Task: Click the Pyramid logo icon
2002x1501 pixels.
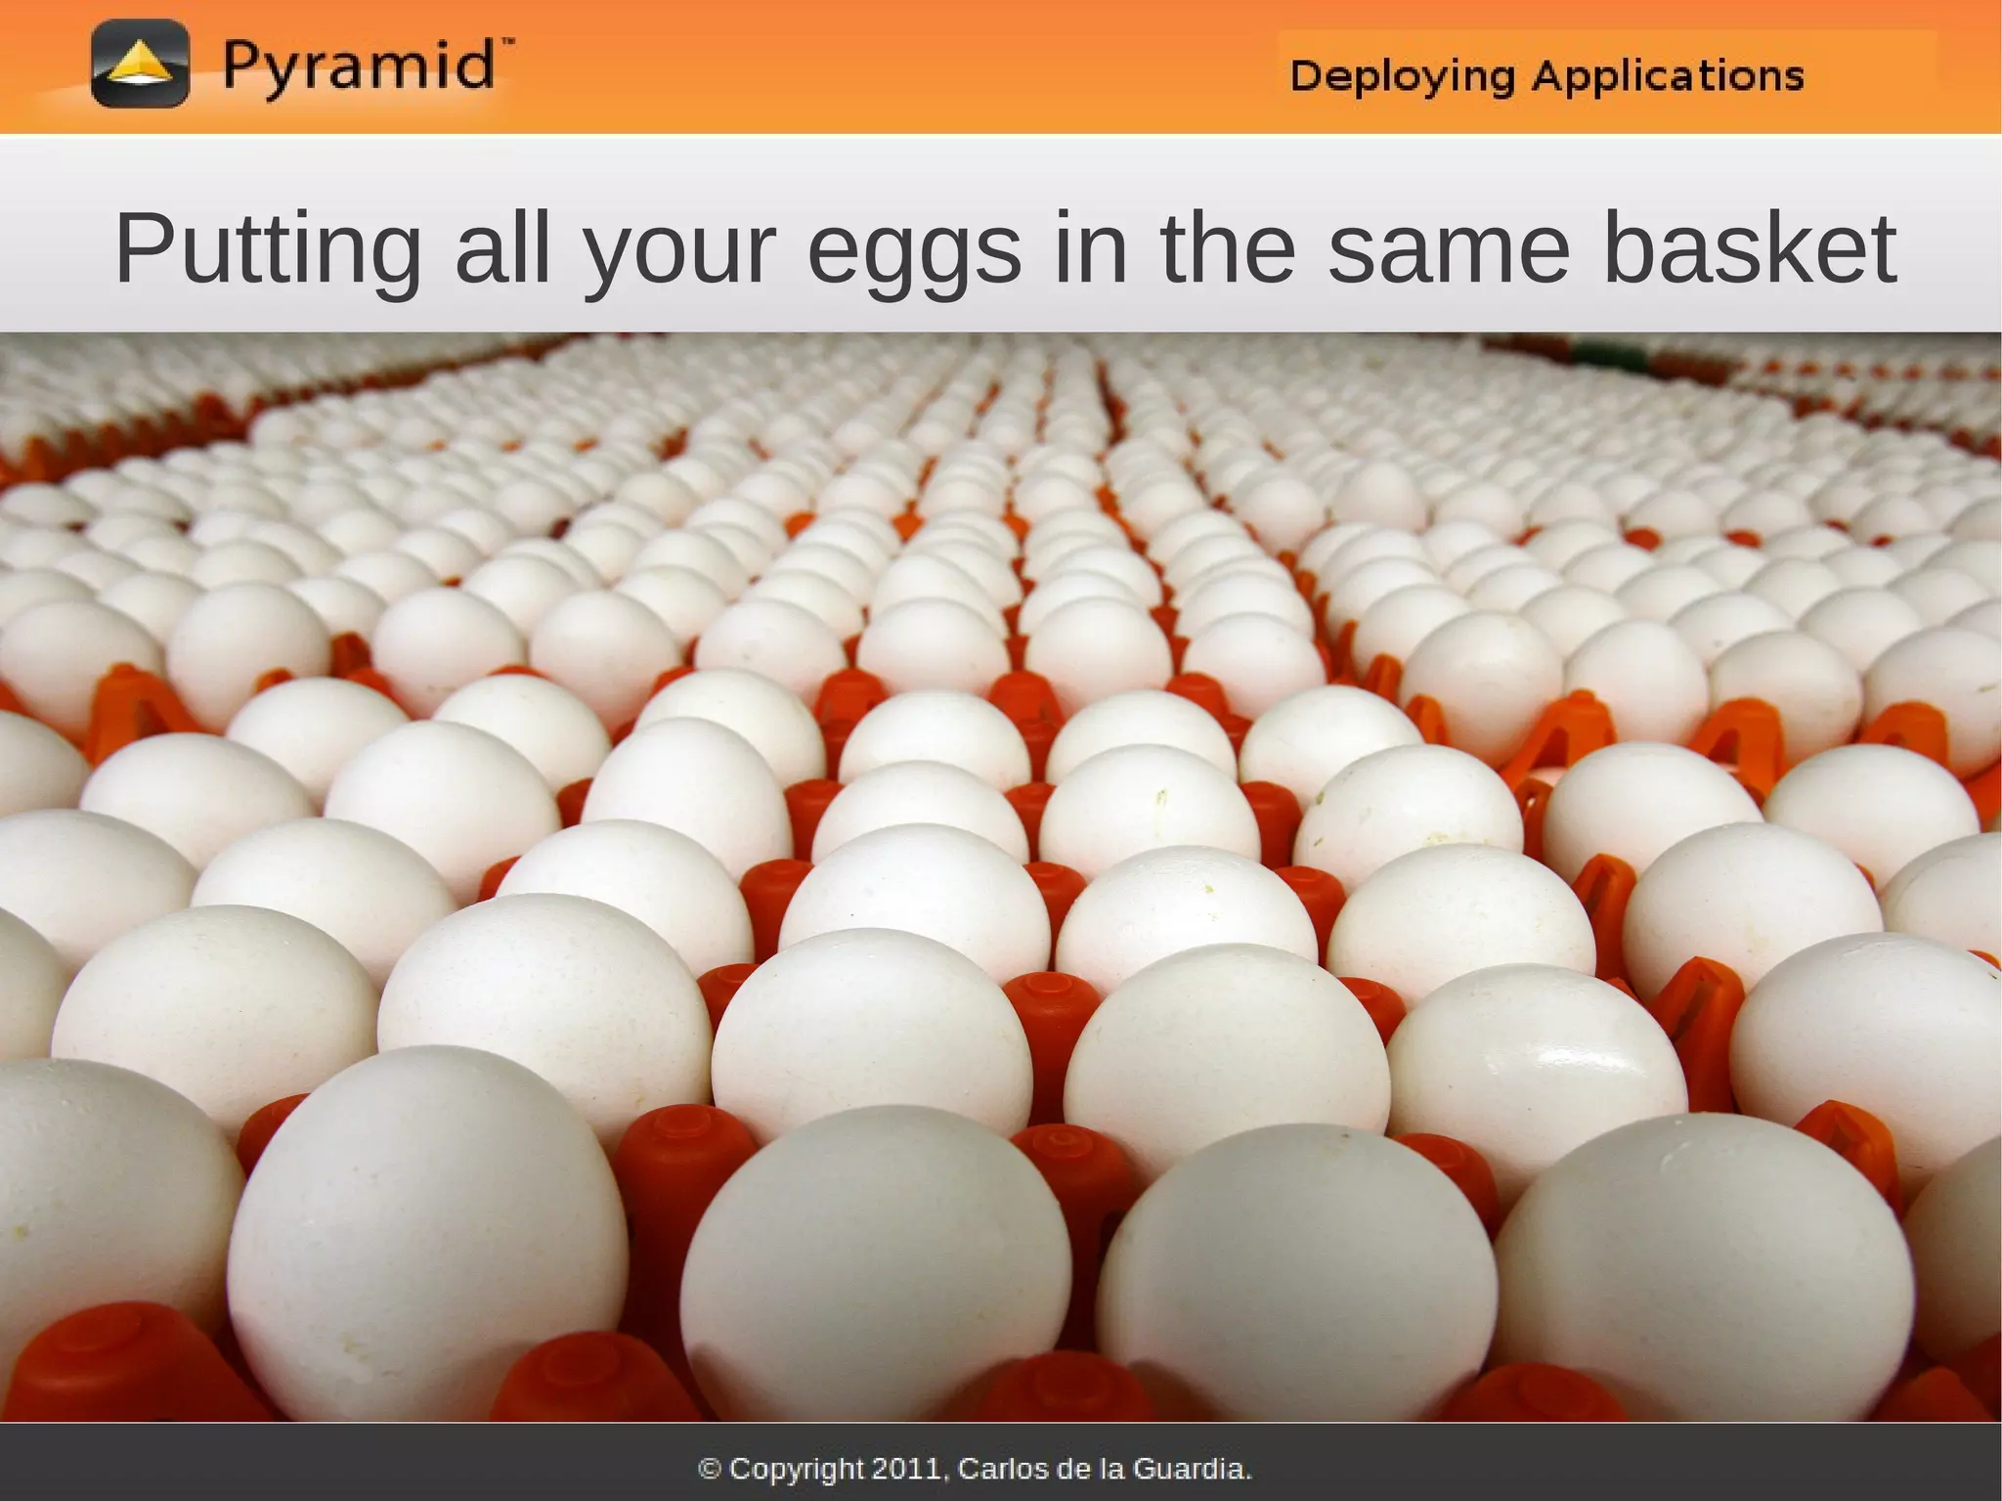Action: coord(140,65)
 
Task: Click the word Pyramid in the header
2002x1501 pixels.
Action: coord(358,67)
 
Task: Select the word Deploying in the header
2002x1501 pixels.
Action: coord(1402,76)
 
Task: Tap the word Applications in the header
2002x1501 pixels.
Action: coord(1668,75)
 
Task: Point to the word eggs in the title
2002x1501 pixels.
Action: coord(914,250)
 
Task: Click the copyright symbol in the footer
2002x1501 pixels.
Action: coord(711,1469)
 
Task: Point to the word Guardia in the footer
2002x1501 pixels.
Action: coord(1192,1469)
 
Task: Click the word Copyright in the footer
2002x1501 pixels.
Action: coord(797,1470)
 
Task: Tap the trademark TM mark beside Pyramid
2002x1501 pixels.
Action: coord(506,43)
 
